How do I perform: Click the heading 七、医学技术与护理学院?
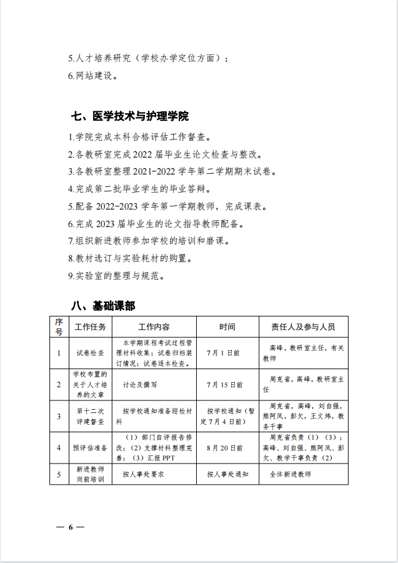click(129, 116)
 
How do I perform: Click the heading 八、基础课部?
click(102, 306)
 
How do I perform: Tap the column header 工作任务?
click(90, 327)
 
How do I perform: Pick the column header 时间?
click(227, 327)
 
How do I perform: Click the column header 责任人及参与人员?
click(303, 327)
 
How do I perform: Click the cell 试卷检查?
click(90, 353)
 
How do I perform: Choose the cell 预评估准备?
click(90, 448)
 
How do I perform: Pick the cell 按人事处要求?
click(143, 474)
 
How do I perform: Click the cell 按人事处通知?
click(227, 474)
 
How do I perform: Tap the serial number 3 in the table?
click(59, 416)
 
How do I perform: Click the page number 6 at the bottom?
click(71, 527)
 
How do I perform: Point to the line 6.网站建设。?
click(92, 76)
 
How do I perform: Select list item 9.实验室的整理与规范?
click(116, 275)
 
